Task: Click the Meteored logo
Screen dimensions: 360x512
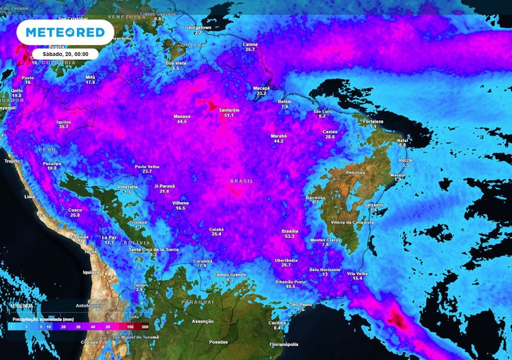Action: coord(65,32)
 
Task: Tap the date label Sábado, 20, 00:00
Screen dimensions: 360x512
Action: coord(65,53)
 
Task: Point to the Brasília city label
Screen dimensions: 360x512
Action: coord(290,231)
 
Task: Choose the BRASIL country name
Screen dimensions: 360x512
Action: coord(241,180)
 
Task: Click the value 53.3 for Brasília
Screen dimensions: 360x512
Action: coord(290,236)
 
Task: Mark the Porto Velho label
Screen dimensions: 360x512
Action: coord(147,166)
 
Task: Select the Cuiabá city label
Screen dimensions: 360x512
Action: coord(216,229)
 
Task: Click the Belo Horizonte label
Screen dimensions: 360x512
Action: coord(325,269)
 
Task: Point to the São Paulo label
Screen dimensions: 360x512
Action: coord(301,304)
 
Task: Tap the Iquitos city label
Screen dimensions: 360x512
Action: coord(63,122)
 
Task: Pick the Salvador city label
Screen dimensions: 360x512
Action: coord(373,205)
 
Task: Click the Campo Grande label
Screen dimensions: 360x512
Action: coord(230,274)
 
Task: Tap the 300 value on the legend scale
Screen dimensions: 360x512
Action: coord(144,326)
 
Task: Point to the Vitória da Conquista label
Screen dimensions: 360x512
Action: coord(352,222)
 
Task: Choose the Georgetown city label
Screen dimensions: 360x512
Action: coord(198,27)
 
